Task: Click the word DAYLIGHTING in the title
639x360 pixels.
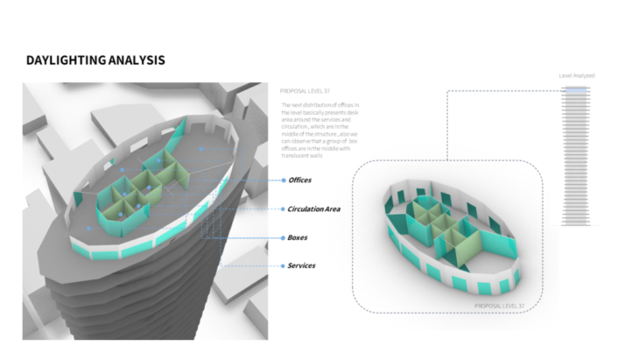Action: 64,60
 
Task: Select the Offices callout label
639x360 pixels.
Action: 299,180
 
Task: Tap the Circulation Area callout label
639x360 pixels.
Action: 314,209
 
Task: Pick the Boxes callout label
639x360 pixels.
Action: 297,237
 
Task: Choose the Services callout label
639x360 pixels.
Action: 302,265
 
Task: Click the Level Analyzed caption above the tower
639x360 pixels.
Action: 577,76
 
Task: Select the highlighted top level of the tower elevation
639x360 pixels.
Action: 577,89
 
